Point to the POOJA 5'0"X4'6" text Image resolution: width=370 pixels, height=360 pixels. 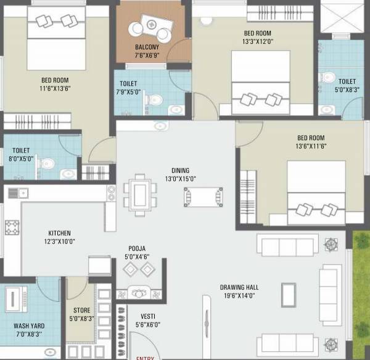pos(137,252)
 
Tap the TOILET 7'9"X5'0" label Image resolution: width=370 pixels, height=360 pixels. pos(128,88)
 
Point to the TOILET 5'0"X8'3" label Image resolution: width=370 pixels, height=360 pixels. pos(347,85)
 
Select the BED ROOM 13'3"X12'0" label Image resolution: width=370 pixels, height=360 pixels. pos(256,38)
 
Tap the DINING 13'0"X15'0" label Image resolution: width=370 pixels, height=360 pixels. pos(180,175)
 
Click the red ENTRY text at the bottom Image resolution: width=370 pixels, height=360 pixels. pos(146,357)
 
